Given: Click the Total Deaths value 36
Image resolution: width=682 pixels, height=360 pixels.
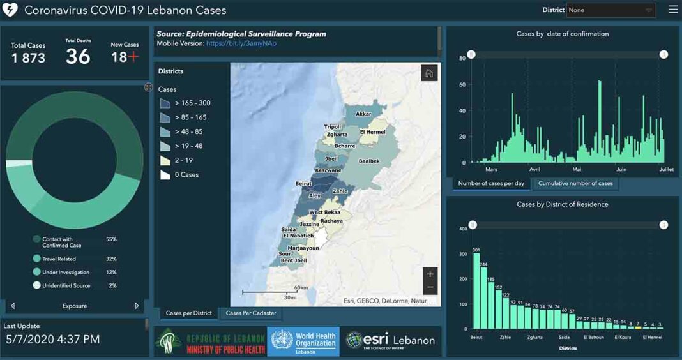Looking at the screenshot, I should [x=78, y=57].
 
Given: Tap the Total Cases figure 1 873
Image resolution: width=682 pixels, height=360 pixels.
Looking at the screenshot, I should [x=28, y=58].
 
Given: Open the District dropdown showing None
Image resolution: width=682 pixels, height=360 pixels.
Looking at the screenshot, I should [x=610, y=10].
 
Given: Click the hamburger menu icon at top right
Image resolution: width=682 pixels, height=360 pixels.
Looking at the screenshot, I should [x=673, y=10].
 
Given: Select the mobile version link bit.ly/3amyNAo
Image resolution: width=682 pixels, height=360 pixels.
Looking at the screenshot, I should [x=241, y=43].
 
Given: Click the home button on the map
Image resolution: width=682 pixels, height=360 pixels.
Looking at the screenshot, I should [x=429, y=73].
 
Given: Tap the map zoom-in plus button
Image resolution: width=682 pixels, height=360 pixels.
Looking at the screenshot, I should [x=430, y=274].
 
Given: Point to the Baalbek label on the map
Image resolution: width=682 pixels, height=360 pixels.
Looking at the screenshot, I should [x=369, y=161].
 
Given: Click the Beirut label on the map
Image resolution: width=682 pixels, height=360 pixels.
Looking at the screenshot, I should [x=303, y=183].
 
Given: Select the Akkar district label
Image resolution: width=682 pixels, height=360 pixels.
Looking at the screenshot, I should [x=363, y=114].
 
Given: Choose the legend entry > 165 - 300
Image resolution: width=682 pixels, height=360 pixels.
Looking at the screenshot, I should [x=192, y=103].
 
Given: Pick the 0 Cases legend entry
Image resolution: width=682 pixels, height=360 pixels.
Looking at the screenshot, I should [x=186, y=174].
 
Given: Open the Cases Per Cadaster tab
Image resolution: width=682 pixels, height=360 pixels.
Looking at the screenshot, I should [x=251, y=313].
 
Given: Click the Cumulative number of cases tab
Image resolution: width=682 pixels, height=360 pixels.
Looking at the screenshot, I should [x=575, y=183].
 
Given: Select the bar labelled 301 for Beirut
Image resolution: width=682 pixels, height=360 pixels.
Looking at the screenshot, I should [x=476, y=290].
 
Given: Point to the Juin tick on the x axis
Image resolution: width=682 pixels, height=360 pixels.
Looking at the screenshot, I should [x=621, y=170].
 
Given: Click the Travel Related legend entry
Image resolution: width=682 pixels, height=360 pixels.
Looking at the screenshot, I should [x=59, y=259].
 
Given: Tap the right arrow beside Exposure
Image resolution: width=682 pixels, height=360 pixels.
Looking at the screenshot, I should [x=137, y=306].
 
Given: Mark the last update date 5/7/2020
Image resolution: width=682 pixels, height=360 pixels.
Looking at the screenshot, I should [x=52, y=340].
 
